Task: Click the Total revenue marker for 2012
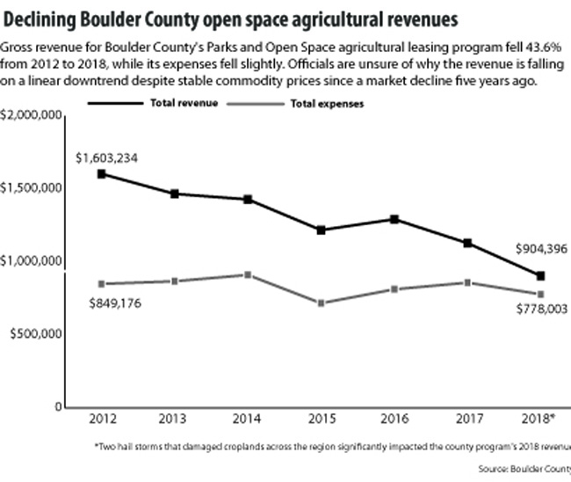tap(102, 174)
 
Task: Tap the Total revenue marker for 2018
tap(541, 276)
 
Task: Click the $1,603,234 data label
tap(106, 158)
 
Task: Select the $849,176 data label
tap(116, 303)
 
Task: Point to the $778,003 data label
tap(538, 309)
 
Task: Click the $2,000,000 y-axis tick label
tap(31, 115)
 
